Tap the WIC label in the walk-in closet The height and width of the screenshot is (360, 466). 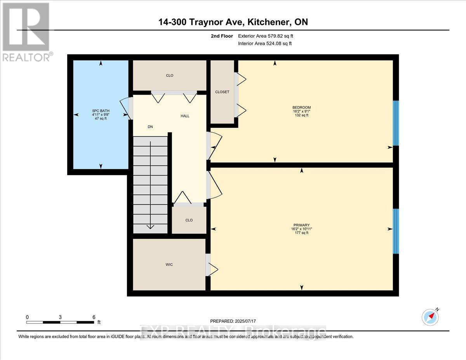[169, 264]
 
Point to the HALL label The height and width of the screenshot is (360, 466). [185, 116]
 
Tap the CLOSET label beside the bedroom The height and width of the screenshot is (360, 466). [222, 92]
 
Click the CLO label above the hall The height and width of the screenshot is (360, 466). [169, 75]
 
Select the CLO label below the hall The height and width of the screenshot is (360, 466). [189, 220]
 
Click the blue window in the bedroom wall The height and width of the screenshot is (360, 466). [396, 123]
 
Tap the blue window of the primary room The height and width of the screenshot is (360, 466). [396, 231]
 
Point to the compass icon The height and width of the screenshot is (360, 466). [430, 317]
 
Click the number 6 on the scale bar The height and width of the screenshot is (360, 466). [94, 317]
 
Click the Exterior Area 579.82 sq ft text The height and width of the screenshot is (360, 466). [265, 36]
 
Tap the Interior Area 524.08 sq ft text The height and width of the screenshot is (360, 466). [264, 43]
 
